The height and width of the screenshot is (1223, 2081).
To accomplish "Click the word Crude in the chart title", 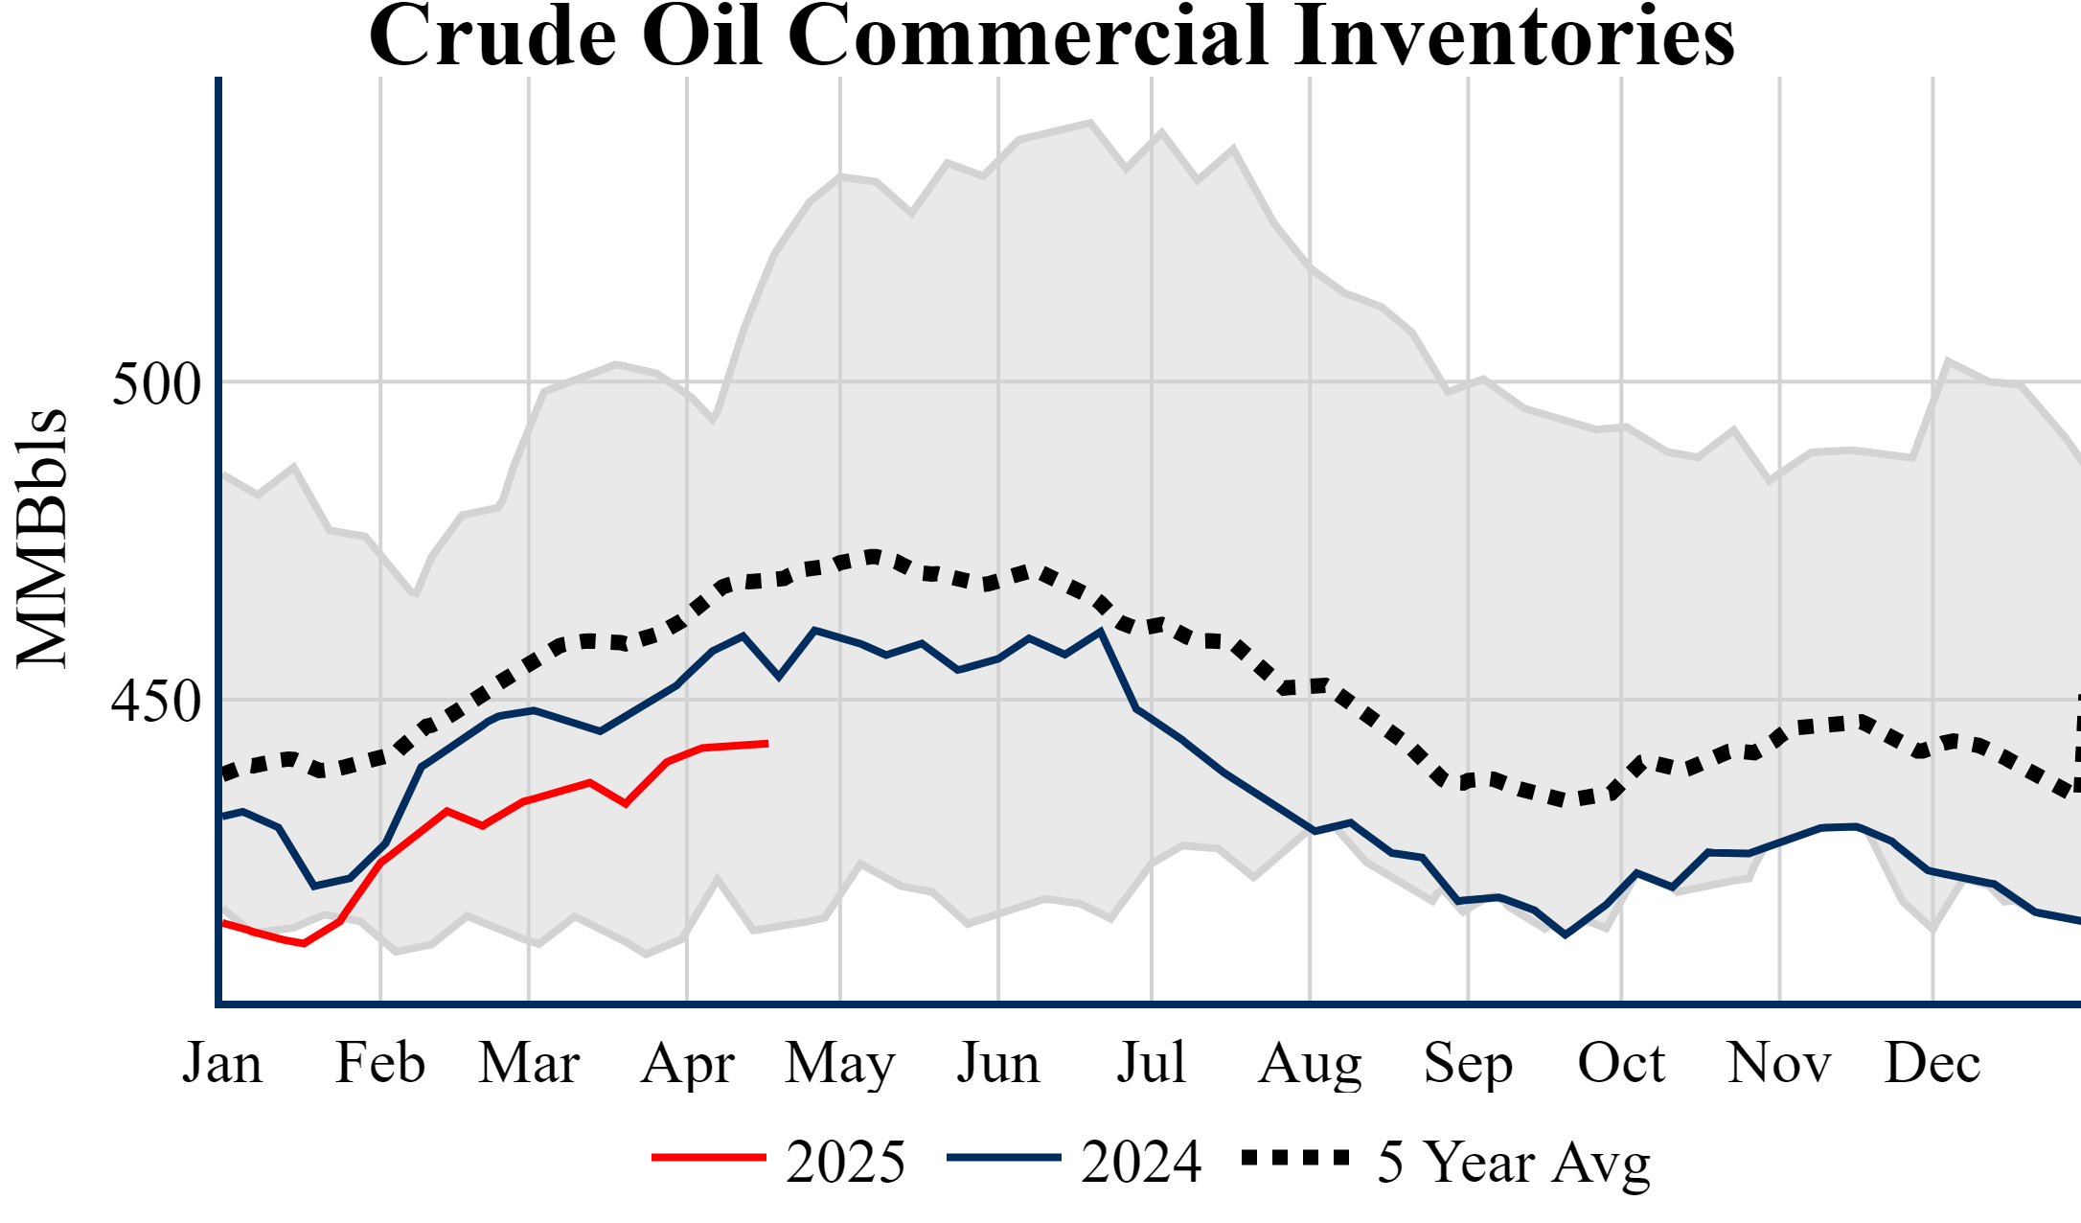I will point(493,36).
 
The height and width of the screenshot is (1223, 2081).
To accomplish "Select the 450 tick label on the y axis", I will point(156,702).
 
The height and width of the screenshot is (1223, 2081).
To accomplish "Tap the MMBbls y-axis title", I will point(42,539).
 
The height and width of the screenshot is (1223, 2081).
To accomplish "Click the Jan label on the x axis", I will point(222,1063).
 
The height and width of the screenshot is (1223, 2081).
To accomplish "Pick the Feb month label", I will point(380,1063).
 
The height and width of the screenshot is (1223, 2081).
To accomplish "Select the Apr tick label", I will point(687,1063).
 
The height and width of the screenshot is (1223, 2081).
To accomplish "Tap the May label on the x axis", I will point(840,1063).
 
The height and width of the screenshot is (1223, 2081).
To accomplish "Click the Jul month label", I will point(1152,1063).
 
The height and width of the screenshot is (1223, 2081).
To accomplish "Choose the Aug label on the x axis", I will point(1310,1063).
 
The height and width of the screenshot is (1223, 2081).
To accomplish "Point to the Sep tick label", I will point(1468,1063).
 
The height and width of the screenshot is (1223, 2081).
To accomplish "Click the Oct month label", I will point(1621,1063).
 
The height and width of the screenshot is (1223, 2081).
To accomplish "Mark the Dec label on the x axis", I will point(1932,1063).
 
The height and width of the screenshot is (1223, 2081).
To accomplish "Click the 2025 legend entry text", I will point(845,1163).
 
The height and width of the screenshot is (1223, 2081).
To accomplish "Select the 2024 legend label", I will point(1141,1163).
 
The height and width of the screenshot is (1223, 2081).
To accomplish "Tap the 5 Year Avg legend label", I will point(1514,1163).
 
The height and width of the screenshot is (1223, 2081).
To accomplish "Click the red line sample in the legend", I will point(709,1158).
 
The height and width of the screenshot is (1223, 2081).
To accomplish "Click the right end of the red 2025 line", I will point(766,744).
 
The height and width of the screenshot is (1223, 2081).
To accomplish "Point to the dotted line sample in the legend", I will point(1295,1158).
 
